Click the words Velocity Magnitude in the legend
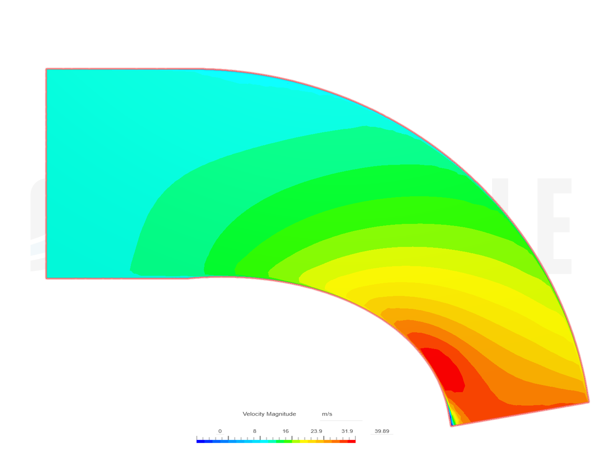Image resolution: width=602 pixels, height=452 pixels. tap(269, 414)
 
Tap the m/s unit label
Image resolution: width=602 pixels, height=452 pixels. tap(327, 414)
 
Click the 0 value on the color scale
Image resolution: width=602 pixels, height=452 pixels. tap(220, 431)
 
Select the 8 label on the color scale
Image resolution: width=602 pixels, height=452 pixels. tap(255, 431)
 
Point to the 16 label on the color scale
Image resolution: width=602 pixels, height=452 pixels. tap(286, 431)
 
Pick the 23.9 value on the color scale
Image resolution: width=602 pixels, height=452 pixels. tap(316, 431)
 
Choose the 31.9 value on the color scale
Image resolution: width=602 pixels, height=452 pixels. tap(347, 431)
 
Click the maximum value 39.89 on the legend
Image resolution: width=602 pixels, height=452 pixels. tap(382, 431)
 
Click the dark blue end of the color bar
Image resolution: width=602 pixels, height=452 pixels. tap(199, 441)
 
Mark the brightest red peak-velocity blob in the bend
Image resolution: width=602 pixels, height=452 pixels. tap(445, 368)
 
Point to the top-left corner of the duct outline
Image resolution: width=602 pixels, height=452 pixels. tap(46, 69)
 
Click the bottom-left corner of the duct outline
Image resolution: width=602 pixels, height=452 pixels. tap(46, 278)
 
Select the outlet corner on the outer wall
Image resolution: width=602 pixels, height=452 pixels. tap(589, 402)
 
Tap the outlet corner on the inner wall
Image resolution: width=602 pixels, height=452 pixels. tap(451, 426)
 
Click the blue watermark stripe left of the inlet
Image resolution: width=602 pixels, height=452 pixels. tap(37, 248)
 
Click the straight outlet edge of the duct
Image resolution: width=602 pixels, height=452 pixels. tap(520, 414)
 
